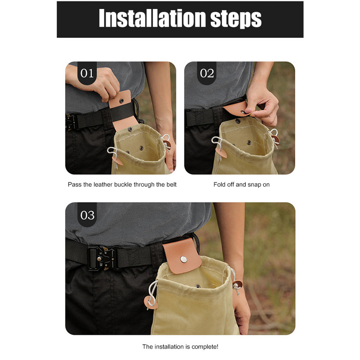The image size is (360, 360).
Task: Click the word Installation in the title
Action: click(x=152, y=18)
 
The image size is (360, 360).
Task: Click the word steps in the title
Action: click(x=236, y=19)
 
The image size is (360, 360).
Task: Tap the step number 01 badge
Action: click(x=87, y=73)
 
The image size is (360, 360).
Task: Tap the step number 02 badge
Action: click(x=207, y=73)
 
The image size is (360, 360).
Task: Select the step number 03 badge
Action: click(x=87, y=215)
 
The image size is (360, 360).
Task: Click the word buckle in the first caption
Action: click(x=123, y=184)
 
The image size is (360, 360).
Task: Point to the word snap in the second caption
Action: click(x=255, y=185)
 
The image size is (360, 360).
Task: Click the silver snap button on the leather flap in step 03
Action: click(x=184, y=260)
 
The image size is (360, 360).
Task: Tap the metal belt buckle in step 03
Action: click(x=104, y=258)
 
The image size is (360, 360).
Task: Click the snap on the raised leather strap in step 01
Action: click(x=121, y=100)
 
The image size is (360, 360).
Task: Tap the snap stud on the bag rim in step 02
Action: click(x=238, y=121)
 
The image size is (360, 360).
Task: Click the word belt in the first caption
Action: click(x=171, y=184)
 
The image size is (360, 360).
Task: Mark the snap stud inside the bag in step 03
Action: click(x=198, y=286)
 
